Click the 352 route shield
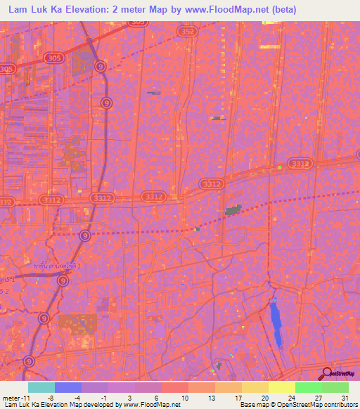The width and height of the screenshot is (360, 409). pos(187,32)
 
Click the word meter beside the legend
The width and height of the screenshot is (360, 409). pos(11,397)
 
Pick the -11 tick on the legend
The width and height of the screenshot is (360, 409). pos(26,397)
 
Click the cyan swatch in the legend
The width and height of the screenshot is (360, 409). pos(41,387)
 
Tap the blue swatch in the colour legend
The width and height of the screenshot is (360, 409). pos(67,387)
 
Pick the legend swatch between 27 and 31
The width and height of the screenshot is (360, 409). pos(335,387)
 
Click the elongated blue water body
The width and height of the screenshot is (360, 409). pos(276,320)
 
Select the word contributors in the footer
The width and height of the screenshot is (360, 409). pos(339,405)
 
